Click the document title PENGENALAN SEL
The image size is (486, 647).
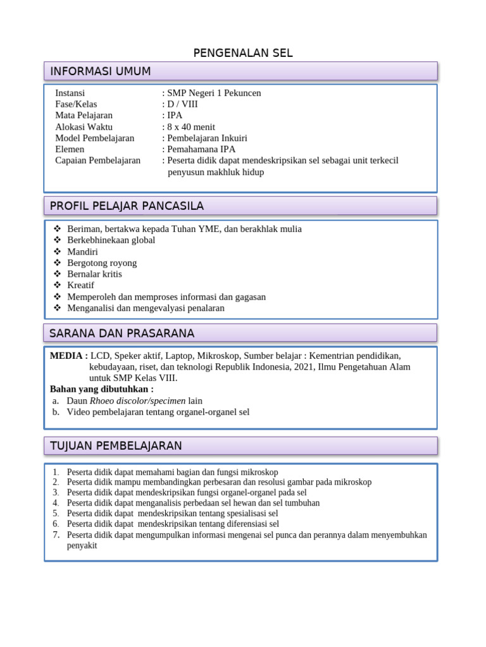tap(243, 53)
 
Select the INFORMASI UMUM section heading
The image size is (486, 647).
tap(100, 71)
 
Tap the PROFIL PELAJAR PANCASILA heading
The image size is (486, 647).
tap(127, 206)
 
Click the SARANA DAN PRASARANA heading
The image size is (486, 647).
tap(122, 333)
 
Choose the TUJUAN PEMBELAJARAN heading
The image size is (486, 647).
tap(116, 446)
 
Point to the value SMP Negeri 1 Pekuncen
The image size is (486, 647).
tap(214, 93)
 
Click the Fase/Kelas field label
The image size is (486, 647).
tap(77, 104)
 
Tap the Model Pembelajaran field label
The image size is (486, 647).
tap(95, 138)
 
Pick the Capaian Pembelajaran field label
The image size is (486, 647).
tap(98, 160)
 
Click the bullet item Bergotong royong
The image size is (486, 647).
tap(102, 263)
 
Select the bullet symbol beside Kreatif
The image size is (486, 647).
tap(57, 286)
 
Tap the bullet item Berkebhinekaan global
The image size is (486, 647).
tap(111, 240)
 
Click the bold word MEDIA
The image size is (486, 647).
tap(66, 356)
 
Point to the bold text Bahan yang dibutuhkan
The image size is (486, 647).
tap(101, 389)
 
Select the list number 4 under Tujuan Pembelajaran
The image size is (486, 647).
tap(56, 503)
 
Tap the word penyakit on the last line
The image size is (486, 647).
tap(82, 546)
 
